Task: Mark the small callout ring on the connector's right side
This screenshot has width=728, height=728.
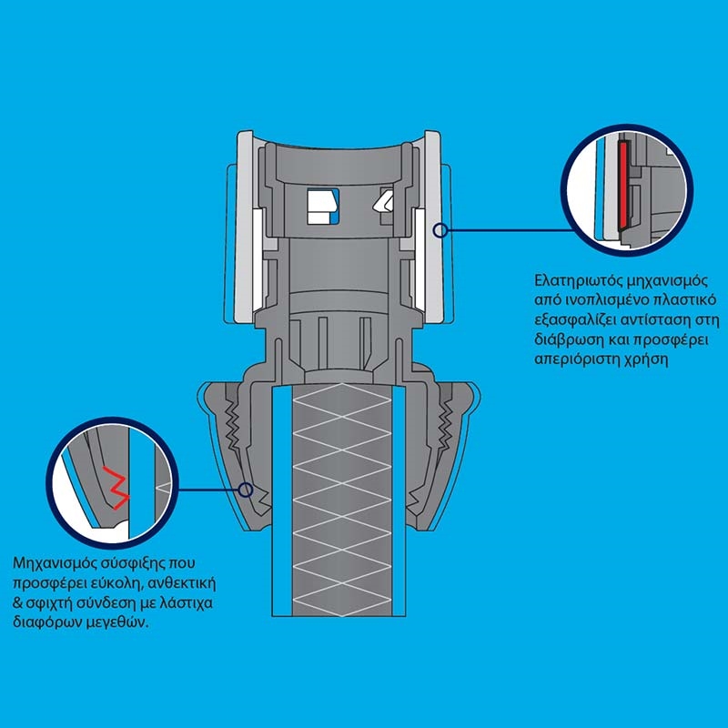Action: tap(440, 230)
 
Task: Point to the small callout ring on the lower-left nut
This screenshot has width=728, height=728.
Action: tap(247, 490)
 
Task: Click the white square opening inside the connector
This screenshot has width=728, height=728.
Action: tap(320, 206)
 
